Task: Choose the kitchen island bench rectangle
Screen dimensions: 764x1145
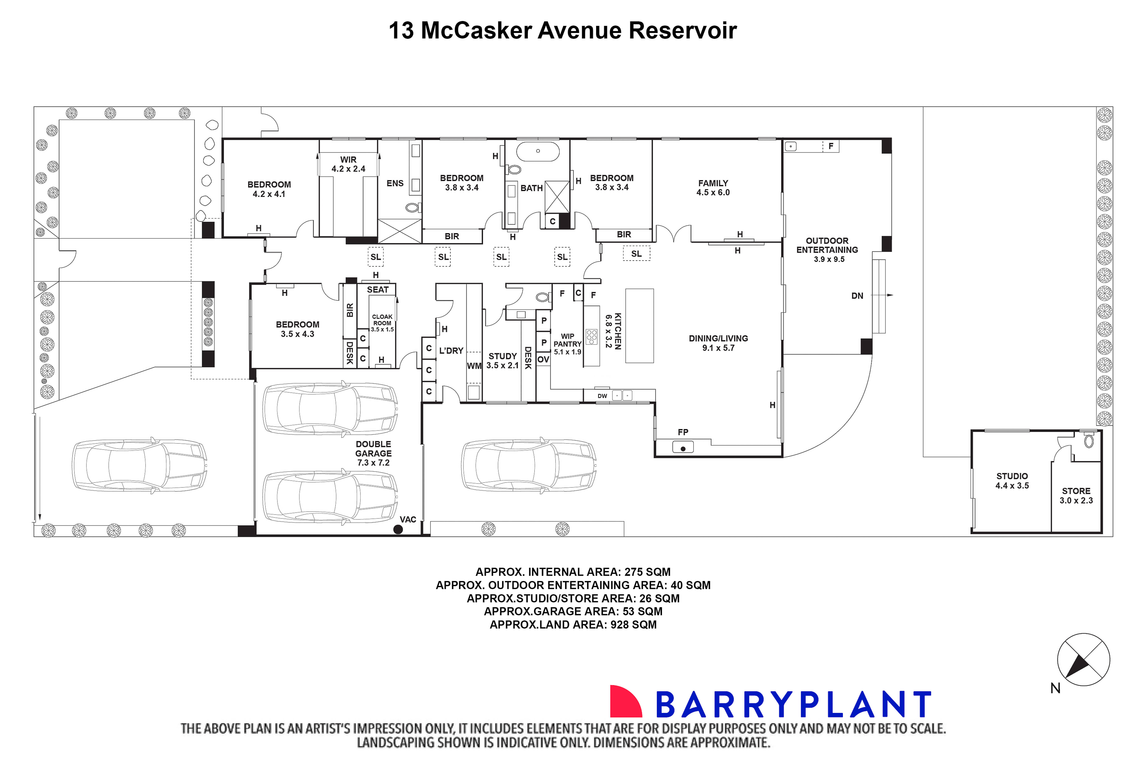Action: pyautogui.click(x=639, y=325)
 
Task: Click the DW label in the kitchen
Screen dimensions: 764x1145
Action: pyautogui.click(x=602, y=396)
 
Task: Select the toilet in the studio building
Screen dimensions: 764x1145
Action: pyautogui.click(x=1089, y=441)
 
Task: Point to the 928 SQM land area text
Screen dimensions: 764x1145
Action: pyautogui.click(x=633, y=625)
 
